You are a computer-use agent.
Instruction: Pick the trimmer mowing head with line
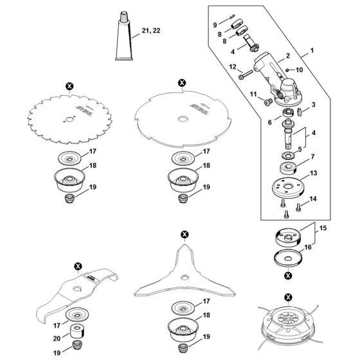pyautogui.click(x=287, y=328)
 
